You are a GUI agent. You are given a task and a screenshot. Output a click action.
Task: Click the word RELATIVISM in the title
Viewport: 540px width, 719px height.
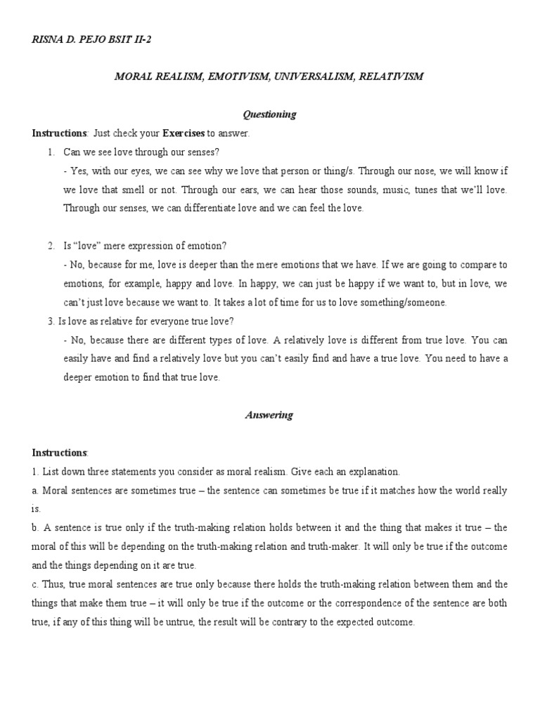(391, 77)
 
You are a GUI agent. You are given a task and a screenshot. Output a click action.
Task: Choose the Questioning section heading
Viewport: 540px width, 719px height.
(269, 114)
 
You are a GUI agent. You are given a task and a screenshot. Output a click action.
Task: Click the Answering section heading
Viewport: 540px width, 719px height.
(269, 415)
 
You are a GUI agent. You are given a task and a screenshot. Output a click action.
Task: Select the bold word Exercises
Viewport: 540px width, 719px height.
(184, 133)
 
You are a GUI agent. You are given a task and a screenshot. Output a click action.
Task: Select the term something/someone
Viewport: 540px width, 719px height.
(401, 303)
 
